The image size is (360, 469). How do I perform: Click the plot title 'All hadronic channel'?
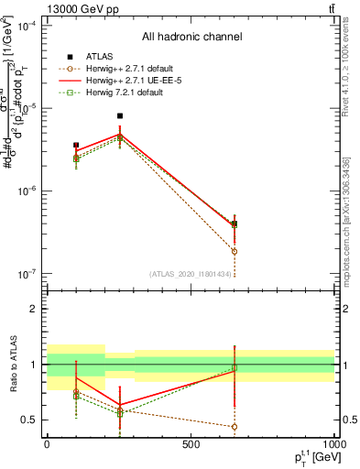191,37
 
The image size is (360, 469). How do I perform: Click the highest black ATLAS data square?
120,116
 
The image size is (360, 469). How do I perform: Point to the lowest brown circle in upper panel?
235,251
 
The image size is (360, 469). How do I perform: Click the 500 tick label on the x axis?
191,445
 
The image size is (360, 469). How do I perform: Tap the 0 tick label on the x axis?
47,445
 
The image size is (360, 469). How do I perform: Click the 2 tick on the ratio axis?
35,309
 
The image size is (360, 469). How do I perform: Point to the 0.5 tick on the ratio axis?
31,420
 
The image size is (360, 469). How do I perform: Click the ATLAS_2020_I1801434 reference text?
191,273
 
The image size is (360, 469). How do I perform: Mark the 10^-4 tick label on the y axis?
27,26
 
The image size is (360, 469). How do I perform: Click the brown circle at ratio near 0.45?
235,426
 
